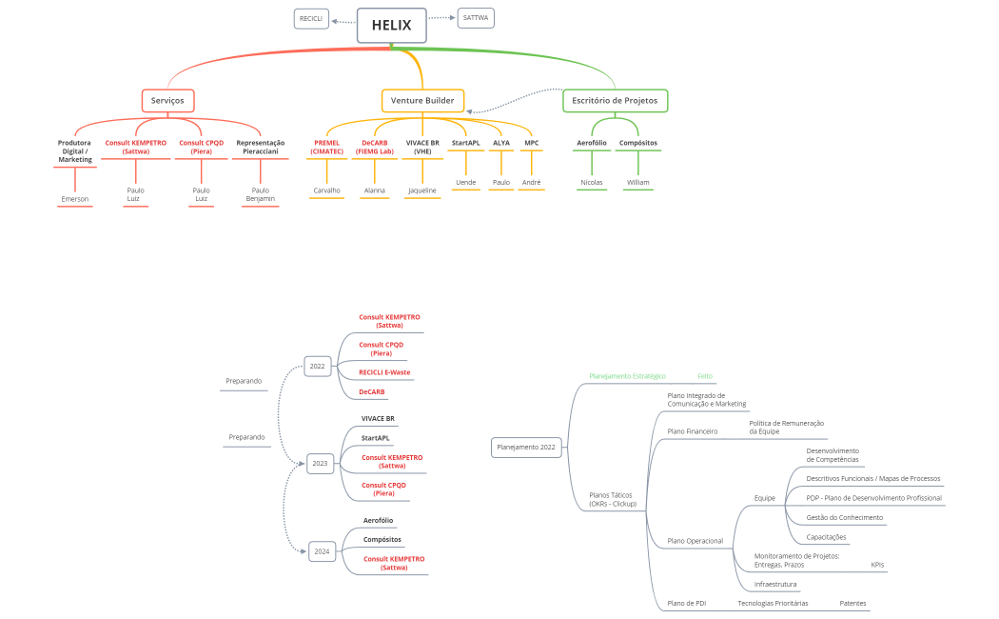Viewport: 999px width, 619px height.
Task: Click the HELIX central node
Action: [x=391, y=26]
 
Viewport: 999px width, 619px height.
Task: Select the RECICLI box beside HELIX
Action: [x=311, y=18]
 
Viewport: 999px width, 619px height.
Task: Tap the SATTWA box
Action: [x=475, y=18]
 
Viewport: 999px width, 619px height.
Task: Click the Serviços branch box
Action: [x=168, y=100]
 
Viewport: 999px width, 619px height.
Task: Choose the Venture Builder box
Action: [x=422, y=100]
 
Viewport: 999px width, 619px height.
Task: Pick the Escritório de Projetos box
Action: [x=615, y=100]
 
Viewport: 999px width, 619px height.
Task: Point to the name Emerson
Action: [x=74, y=199]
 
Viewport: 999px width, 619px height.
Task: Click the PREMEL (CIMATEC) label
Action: [x=326, y=147]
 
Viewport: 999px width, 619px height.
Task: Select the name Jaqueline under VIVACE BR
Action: [x=422, y=190]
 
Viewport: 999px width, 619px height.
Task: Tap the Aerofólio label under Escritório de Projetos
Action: [x=591, y=143]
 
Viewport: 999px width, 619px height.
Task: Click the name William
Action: [x=637, y=182]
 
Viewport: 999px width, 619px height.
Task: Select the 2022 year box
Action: [x=317, y=365]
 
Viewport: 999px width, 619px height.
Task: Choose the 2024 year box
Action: [x=322, y=550]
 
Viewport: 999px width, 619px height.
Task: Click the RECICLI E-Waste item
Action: [x=384, y=372]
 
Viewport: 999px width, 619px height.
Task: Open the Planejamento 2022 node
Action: [x=526, y=447]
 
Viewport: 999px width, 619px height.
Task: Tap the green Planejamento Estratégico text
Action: [x=627, y=376]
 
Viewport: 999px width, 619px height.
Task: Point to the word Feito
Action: [x=704, y=376]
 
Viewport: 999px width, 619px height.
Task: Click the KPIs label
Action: [x=877, y=565]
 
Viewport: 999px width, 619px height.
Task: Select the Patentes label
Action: [x=852, y=603]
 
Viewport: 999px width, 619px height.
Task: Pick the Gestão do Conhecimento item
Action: [x=844, y=517]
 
